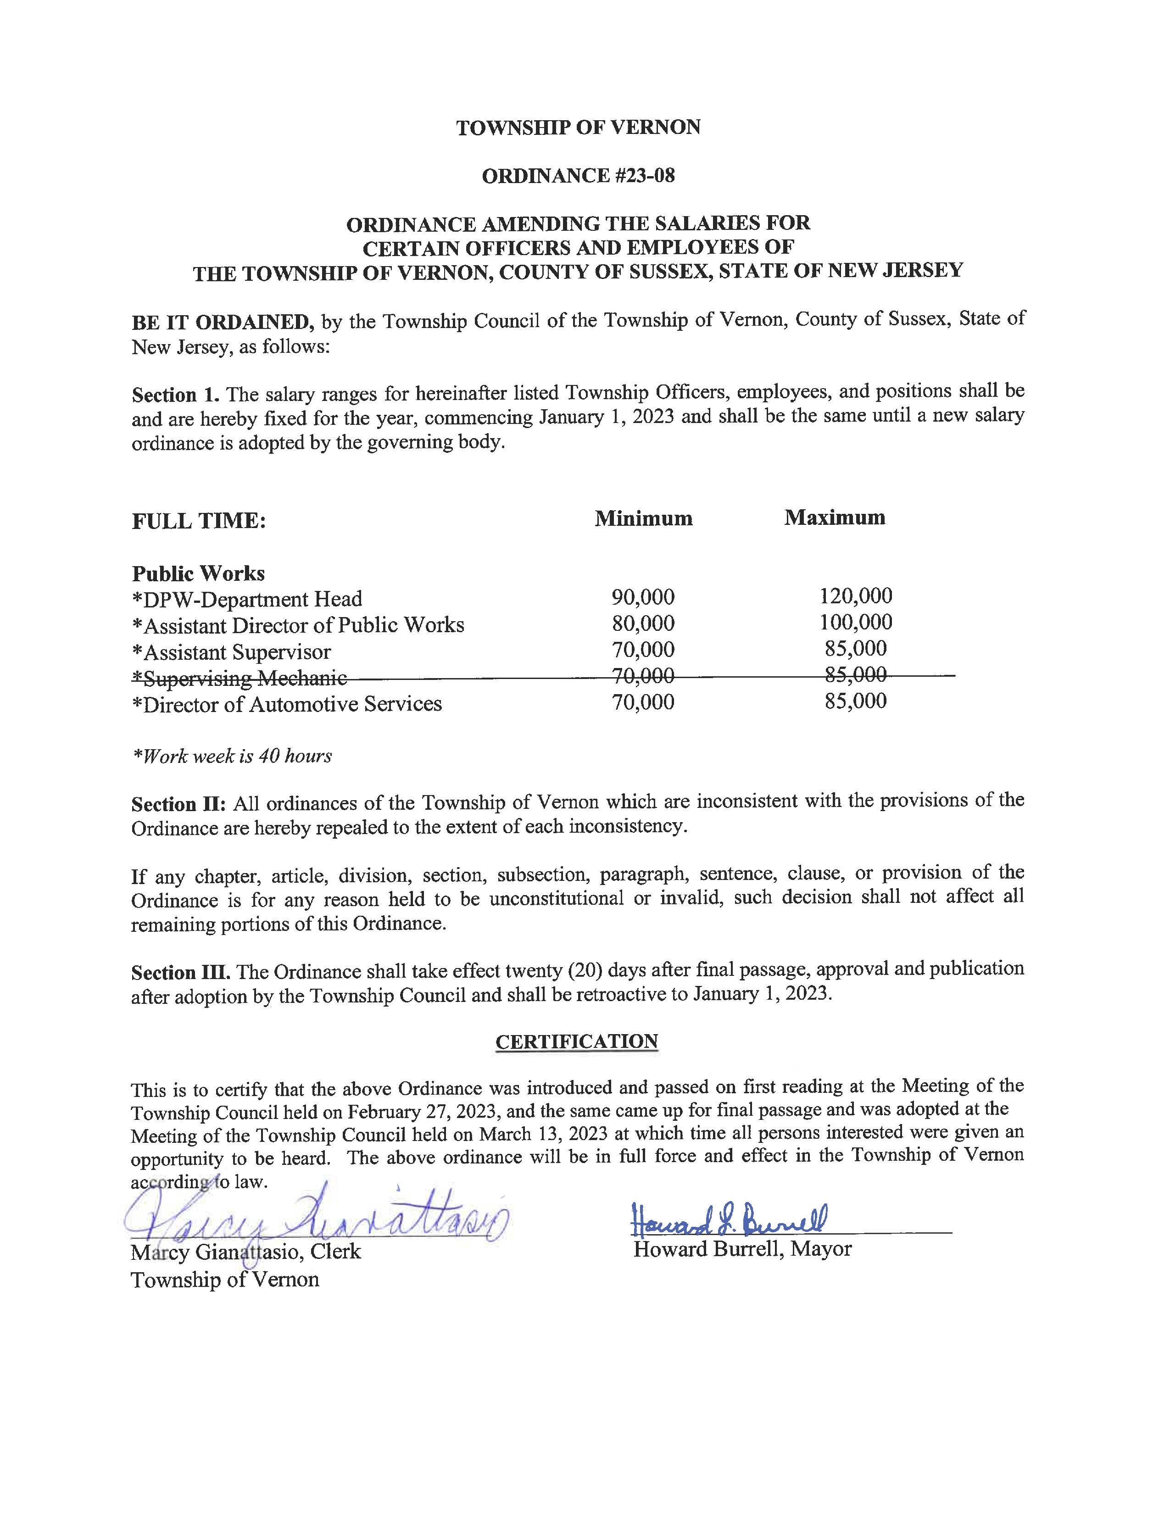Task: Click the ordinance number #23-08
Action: tap(645, 176)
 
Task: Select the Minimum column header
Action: tap(643, 518)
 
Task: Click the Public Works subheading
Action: tap(198, 573)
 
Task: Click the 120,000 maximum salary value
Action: tap(856, 596)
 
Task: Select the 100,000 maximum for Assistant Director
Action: tap(856, 622)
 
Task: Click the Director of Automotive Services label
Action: tap(287, 704)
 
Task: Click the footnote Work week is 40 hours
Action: tap(232, 756)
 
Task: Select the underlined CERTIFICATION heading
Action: tap(577, 1042)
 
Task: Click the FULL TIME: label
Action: tap(199, 521)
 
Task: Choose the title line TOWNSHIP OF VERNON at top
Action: tap(578, 128)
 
